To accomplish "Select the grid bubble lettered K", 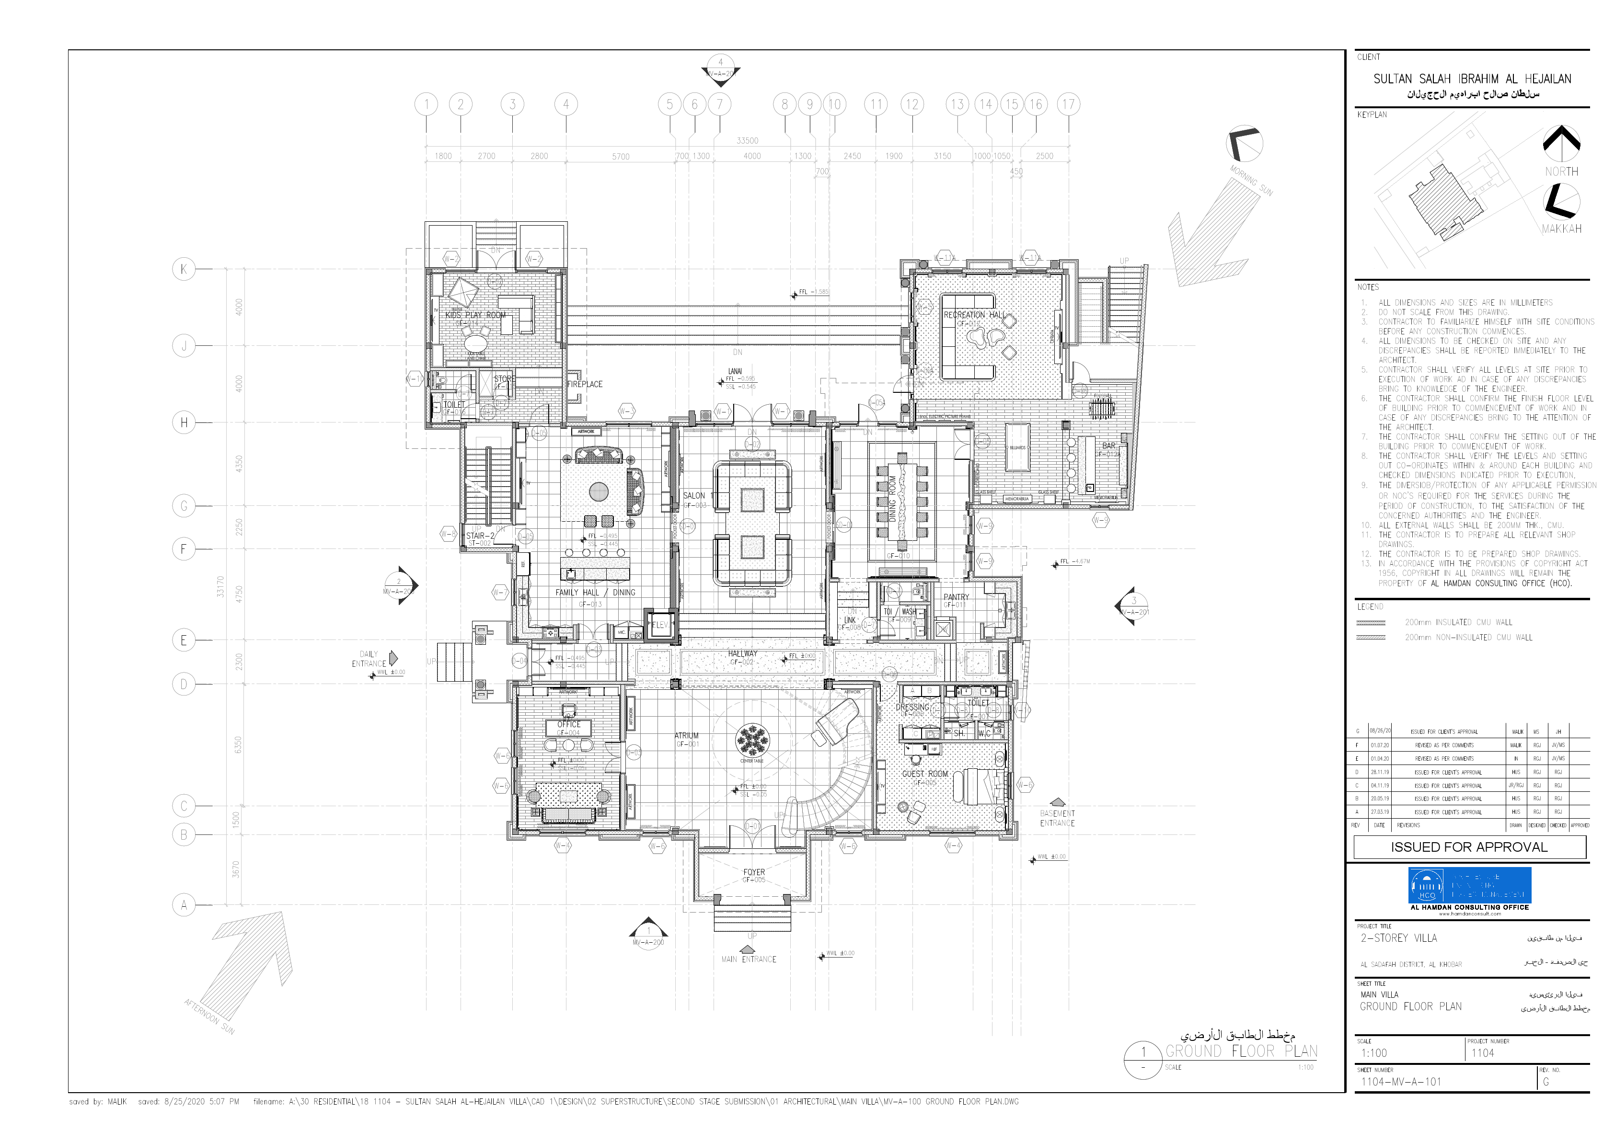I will (184, 269).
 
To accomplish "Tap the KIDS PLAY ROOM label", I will (475, 315).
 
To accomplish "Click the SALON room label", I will (693, 496).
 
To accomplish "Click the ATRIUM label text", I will (687, 736).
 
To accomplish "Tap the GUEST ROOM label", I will (925, 774).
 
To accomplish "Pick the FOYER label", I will (753, 872).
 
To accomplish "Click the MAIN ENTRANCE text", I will (749, 959).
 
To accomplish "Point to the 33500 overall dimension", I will (747, 141).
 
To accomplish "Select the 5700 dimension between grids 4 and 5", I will (621, 157).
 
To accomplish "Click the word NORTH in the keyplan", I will (1561, 171).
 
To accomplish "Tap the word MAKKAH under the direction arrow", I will (1561, 228).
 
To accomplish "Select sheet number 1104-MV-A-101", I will (1401, 1082).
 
